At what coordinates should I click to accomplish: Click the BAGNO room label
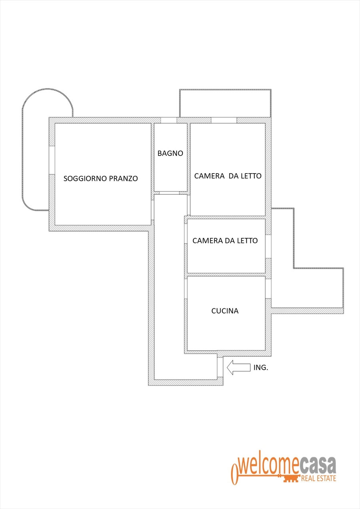tap(170, 153)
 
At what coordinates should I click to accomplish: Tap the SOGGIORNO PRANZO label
tap(100, 179)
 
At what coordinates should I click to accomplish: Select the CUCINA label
tap(225, 311)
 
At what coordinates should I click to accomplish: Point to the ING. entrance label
tap(261, 367)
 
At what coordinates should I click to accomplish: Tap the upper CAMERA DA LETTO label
tap(228, 176)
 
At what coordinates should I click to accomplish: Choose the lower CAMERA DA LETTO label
tap(225, 241)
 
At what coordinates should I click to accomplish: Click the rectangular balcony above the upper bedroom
tap(225, 103)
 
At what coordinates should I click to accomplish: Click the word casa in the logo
tap(318, 465)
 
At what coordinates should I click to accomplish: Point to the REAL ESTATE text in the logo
tap(318, 479)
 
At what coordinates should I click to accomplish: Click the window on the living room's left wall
tap(52, 160)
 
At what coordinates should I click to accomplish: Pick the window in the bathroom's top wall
tap(168, 120)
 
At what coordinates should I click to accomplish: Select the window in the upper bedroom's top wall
tap(224, 120)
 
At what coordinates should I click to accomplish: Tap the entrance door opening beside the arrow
tap(220, 367)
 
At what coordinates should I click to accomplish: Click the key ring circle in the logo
tap(235, 474)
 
